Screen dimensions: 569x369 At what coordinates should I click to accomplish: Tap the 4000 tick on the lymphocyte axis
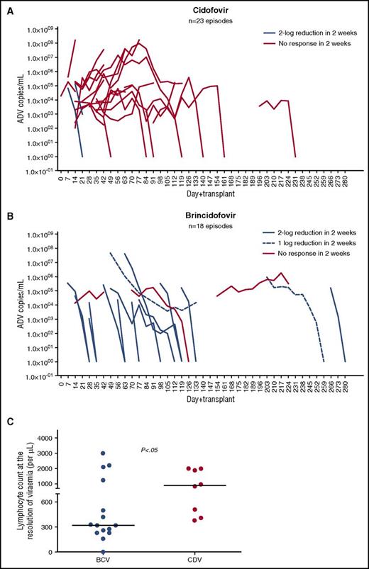[x=45, y=439]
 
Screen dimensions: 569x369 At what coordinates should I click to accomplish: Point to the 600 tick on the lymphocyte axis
[x=48, y=502]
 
